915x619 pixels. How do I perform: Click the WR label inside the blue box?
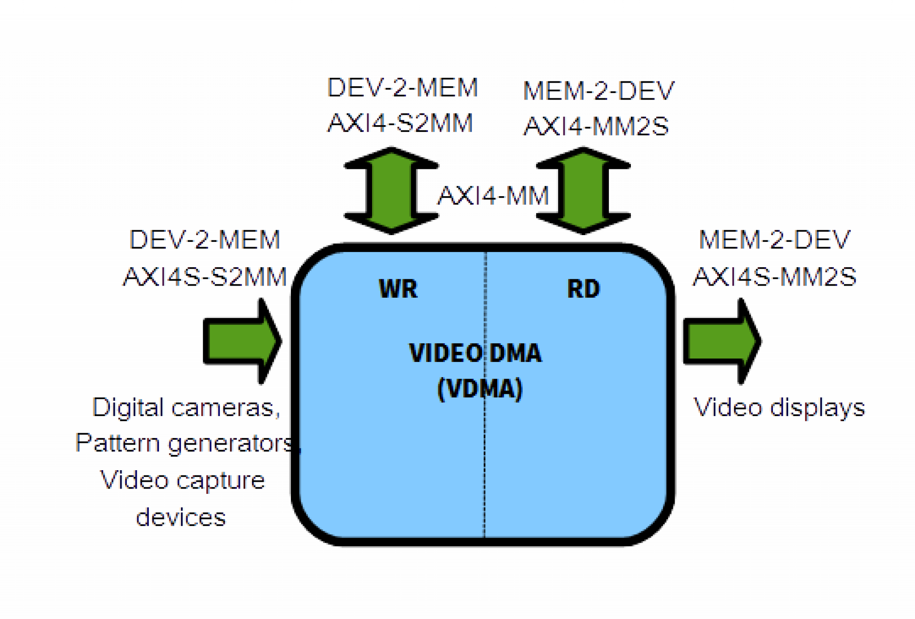398,289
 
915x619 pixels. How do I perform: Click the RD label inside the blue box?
583,289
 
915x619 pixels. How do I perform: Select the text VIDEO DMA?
475,353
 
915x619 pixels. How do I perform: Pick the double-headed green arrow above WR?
391,190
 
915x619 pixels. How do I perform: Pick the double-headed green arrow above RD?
583,190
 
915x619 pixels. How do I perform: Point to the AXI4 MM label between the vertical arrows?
493,196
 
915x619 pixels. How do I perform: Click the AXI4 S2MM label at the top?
400,123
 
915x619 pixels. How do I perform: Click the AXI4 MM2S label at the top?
596,126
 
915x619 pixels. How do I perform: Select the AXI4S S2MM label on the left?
205,276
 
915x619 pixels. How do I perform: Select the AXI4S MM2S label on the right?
775,276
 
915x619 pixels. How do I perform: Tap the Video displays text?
779,408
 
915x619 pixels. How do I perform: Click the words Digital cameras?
187,408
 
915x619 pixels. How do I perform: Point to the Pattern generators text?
183,444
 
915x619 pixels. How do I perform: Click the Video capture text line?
182,480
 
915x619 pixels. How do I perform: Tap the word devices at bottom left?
181,517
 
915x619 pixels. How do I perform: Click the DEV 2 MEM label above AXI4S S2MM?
205,240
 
